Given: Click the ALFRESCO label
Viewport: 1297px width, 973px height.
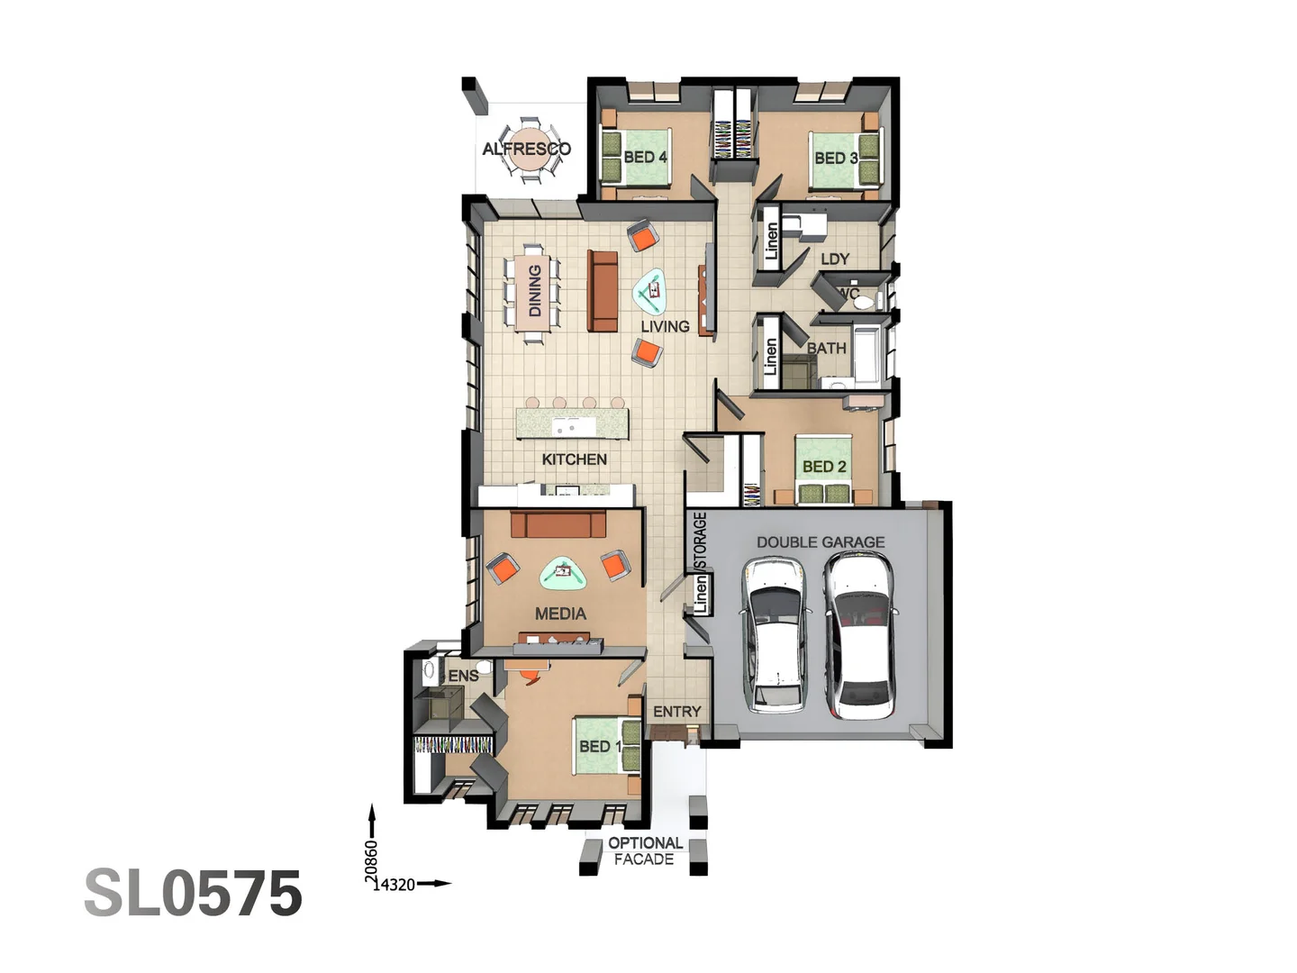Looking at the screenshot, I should click(x=526, y=149).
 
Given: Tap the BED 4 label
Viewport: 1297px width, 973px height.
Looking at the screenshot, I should click(x=645, y=157).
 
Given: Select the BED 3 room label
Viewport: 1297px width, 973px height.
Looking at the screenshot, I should click(x=836, y=158).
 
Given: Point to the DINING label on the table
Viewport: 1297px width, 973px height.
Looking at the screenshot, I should click(x=535, y=290).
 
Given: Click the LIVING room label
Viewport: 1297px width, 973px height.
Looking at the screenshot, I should click(x=665, y=326).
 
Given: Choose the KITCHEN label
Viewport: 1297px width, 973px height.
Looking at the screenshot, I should click(x=574, y=459).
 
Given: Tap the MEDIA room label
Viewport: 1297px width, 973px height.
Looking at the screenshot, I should click(x=560, y=614).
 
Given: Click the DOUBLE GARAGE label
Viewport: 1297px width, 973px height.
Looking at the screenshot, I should click(x=820, y=542).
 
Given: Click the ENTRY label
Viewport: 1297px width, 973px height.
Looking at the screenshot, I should click(x=676, y=712).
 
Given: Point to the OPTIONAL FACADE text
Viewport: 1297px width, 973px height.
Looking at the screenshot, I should click(x=644, y=851).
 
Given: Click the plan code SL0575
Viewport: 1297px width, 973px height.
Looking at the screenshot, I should click(x=193, y=894).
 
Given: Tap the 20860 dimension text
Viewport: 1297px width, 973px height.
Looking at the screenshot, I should click(x=371, y=859).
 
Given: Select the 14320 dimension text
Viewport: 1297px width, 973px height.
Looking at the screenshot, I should click(x=395, y=885).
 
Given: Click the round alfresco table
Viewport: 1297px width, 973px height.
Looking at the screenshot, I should click(x=526, y=151).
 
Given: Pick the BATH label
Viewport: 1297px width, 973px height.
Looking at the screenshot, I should click(x=826, y=348).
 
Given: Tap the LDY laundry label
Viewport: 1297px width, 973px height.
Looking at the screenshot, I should click(x=835, y=259).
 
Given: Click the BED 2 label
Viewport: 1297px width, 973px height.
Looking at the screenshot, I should click(x=824, y=467).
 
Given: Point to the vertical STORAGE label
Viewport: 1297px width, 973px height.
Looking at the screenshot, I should click(x=700, y=541).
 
